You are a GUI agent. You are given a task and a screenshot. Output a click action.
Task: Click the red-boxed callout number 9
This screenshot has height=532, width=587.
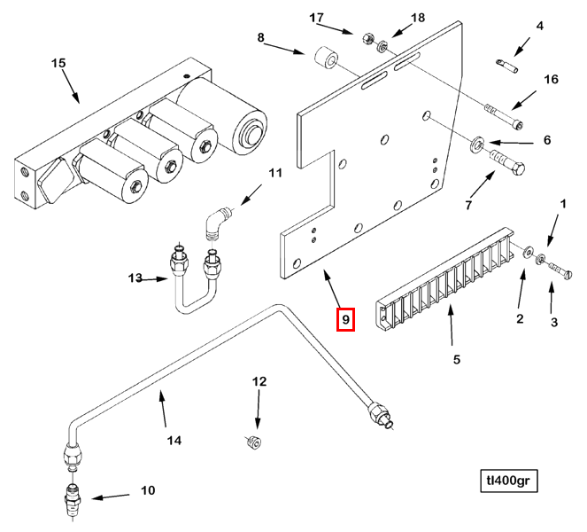tap(345, 318)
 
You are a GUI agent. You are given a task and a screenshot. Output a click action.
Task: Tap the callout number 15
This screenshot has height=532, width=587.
tap(58, 64)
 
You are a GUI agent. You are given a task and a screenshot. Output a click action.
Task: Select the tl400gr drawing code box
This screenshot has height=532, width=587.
tap(509, 481)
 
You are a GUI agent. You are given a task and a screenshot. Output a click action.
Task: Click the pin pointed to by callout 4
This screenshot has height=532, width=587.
tap(508, 63)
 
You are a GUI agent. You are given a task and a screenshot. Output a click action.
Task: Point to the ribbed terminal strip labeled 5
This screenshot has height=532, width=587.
tap(447, 270)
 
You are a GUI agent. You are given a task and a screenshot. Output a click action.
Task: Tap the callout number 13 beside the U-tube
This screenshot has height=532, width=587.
tap(135, 278)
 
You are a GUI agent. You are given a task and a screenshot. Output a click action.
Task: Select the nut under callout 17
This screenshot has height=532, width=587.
tap(366, 38)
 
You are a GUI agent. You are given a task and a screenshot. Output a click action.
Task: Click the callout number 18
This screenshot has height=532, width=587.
tap(418, 18)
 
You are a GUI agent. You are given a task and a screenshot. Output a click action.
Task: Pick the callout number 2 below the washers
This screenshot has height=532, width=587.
tap(520, 318)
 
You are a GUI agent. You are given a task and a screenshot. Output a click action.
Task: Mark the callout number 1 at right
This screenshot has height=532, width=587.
tap(560, 205)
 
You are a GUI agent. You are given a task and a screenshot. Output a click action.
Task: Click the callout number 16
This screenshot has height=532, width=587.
tap(551, 80)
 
